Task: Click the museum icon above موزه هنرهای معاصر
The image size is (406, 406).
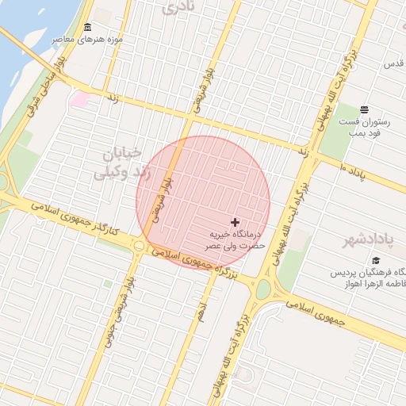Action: click(86, 29)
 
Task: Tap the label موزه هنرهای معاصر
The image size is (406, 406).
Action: click(87, 39)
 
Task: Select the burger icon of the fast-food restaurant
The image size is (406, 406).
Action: click(364, 109)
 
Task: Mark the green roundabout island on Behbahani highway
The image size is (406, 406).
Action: click(263, 290)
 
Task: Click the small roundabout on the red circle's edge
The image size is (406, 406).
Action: click(140, 246)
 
